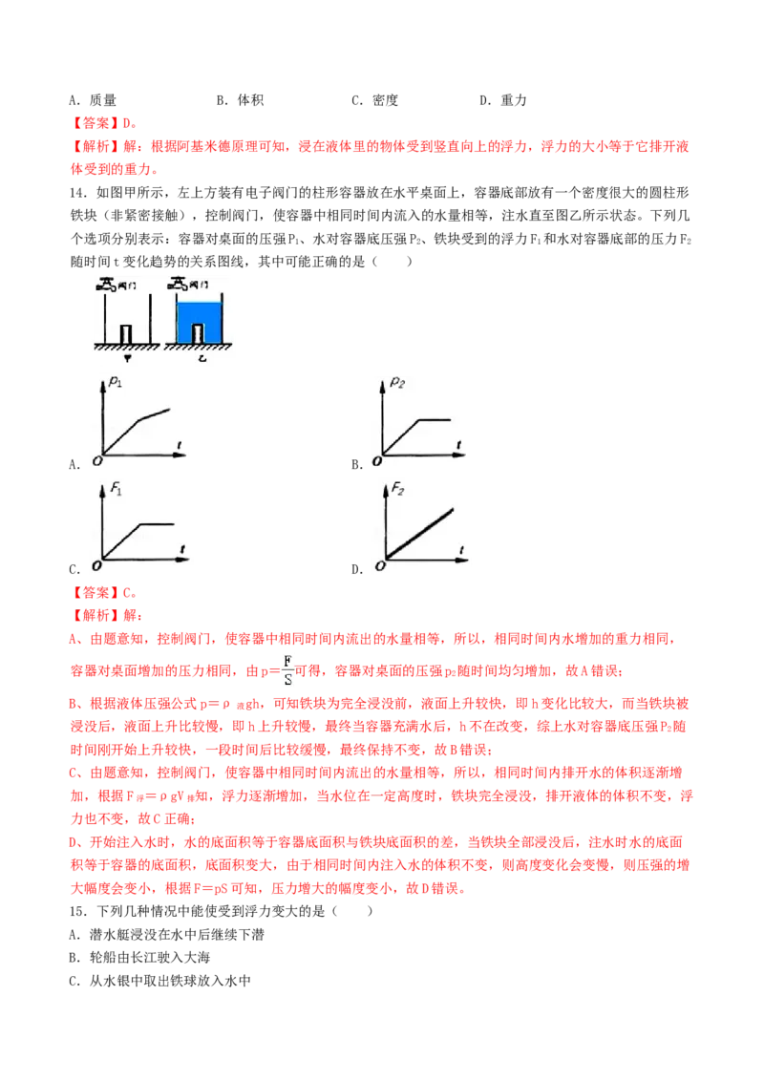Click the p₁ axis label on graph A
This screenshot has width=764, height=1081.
[x=116, y=381]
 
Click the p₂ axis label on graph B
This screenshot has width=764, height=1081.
[x=397, y=382]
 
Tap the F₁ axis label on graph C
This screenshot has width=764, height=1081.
[x=117, y=490]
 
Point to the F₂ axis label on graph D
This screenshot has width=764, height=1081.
[x=398, y=489]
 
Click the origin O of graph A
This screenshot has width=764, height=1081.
[x=97, y=460]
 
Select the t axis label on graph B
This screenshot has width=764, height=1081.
[x=458, y=445]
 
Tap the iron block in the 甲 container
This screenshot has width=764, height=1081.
[x=126, y=333]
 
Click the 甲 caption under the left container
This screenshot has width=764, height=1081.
[x=127, y=358]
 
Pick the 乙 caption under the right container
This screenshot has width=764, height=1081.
[x=202, y=358]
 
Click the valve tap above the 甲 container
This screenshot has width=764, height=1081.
[x=106, y=285]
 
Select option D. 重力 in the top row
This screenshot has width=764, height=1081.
[x=503, y=100]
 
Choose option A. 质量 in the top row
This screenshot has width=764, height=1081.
[x=93, y=100]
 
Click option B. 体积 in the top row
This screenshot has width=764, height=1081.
[x=240, y=100]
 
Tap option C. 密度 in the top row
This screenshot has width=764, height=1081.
[x=375, y=100]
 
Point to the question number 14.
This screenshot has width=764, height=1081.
[x=78, y=193]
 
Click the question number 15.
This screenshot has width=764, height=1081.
[x=78, y=911]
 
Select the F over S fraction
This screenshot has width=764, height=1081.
[x=287, y=670]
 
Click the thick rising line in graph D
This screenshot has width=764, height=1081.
[x=419, y=534]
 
